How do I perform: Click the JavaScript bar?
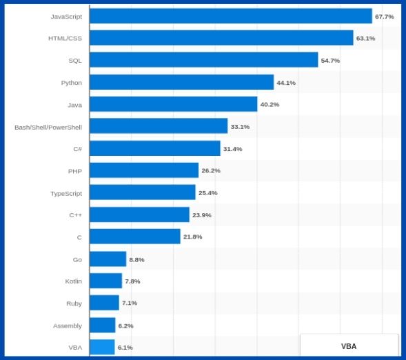[230, 16]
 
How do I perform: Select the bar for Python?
[181, 82]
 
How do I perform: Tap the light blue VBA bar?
[102, 347]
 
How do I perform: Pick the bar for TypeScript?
[142, 192]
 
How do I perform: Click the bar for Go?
[108, 259]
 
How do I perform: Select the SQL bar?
[203, 60]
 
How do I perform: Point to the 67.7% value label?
[385, 17]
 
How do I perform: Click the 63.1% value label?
[365, 39]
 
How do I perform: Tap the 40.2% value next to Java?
[270, 105]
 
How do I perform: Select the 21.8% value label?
[192, 237]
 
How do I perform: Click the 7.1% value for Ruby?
[130, 303]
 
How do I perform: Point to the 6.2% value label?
[125, 326]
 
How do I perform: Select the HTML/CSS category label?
[65, 39]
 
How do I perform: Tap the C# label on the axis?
[77, 149]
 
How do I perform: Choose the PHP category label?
[74, 171]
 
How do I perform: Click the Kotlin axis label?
[73, 281]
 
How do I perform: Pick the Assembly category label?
[68, 326]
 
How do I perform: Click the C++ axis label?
[75, 215]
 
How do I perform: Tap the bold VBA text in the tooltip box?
[349, 346]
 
